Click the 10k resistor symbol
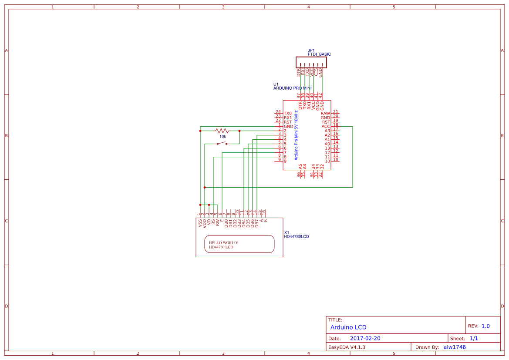222,131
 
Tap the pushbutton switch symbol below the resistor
222,143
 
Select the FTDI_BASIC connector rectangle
311,62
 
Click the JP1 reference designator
311,50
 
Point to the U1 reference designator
276,84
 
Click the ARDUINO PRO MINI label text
292,88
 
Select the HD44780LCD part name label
296,237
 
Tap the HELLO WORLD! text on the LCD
223,242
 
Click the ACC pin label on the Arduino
326,126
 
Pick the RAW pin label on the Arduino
325,113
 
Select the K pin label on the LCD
266,221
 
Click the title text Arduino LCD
348,327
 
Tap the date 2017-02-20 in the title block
365,338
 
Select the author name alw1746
455,347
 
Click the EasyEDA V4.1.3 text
347,347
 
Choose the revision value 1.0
485,326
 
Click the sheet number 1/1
474,338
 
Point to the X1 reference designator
287,232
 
